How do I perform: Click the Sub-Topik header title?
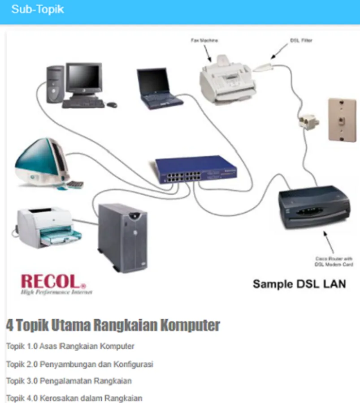click(x=38, y=9)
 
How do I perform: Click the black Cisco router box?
click(x=313, y=206)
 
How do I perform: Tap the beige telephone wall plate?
click(x=341, y=120)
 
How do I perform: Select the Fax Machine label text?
click(x=204, y=40)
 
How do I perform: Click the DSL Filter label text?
click(x=301, y=40)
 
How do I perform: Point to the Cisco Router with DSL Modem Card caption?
click(x=334, y=262)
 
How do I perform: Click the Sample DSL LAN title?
click(x=299, y=284)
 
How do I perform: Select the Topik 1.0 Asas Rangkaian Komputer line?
click(x=70, y=346)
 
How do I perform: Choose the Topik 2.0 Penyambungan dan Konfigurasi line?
click(x=80, y=364)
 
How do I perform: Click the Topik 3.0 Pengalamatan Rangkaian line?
click(x=69, y=381)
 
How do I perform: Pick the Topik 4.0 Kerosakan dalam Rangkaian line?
click(x=74, y=398)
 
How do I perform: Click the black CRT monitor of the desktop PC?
click(x=83, y=77)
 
